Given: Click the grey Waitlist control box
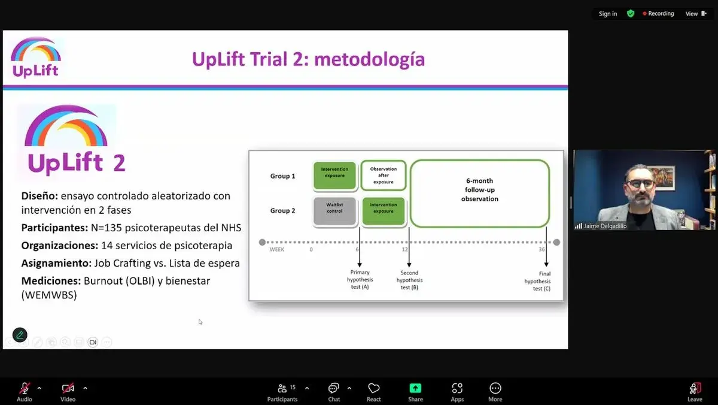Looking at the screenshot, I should pos(335,210).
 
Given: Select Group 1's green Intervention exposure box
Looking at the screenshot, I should pos(335,175).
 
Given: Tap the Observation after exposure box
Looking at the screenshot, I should pos(384,175).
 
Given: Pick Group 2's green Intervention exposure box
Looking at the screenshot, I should pos(384,210).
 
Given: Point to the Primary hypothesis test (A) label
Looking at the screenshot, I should pos(360,280).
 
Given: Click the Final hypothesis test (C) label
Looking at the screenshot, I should pos(537,281).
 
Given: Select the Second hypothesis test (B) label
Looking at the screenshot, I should pos(409,280).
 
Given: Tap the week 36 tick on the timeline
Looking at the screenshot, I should pos(541,249).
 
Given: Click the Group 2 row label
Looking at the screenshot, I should pos(282,210).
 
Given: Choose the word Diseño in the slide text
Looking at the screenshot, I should pos(39,196).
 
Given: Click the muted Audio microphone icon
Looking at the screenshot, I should pos(25,388).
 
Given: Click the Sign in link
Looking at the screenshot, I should pos(608,14).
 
